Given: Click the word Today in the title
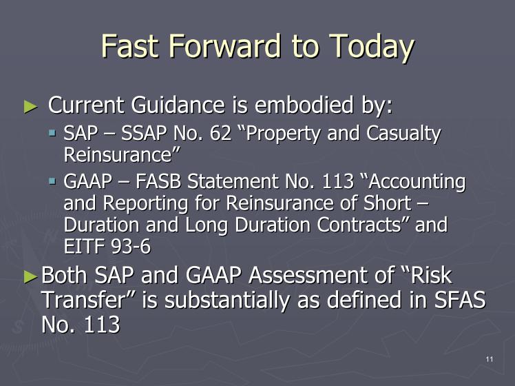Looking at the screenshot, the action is (x=371, y=48).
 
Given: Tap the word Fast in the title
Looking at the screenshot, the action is (x=129, y=45).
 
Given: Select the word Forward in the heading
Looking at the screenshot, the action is (x=225, y=45).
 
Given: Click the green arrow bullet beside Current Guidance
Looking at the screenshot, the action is (x=31, y=107).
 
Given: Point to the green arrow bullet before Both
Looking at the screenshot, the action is (x=31, y=276).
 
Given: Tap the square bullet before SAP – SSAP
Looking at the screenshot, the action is (x=52, y=133).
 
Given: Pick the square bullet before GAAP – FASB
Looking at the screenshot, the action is (x=52, y=181).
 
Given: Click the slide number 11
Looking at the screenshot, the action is (x=490, y=359).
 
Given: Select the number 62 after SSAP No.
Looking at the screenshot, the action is (x=220, y=133).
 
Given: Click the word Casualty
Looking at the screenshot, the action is (x=403, y=135).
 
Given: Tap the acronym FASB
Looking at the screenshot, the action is (x=158, y=181).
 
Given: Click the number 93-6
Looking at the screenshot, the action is (x=131, y=246).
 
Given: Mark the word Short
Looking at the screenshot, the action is (x=387, y=203).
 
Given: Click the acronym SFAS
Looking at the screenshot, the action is (x=460, y=300).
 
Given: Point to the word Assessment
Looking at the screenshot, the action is (x=322, y=275).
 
